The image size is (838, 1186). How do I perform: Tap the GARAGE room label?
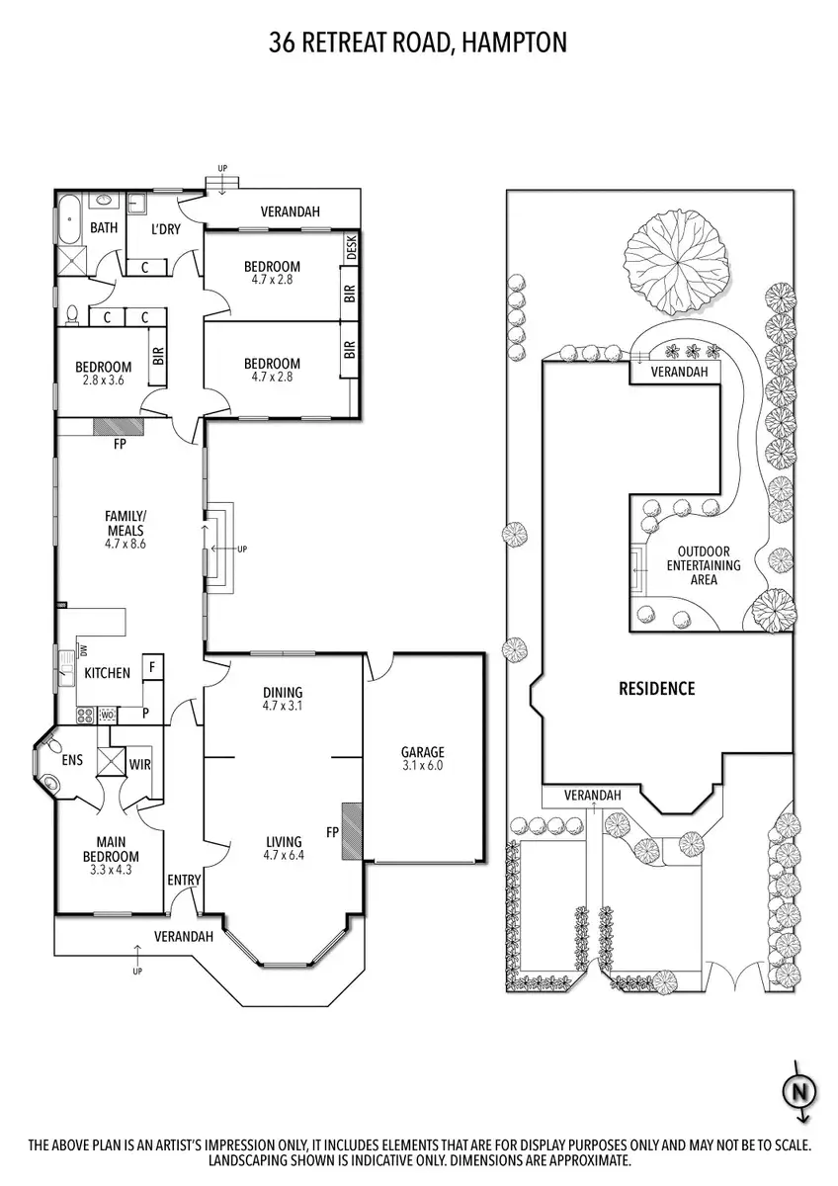[422, 751]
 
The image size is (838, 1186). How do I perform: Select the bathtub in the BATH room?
[67, 220]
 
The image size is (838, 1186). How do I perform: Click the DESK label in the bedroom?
[351, 248]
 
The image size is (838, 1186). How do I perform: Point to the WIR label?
[140, 763]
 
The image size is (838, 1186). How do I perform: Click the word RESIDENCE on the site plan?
[657, 688]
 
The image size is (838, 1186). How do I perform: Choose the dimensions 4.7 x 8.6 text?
[126, 544]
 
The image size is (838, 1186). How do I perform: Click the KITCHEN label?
[107, 673]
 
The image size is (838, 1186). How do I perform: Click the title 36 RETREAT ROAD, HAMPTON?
[418, 42]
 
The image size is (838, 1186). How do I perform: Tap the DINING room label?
[282, 692]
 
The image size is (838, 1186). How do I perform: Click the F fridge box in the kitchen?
[152, 667]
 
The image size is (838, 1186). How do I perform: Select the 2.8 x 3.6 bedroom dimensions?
[103, 381]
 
